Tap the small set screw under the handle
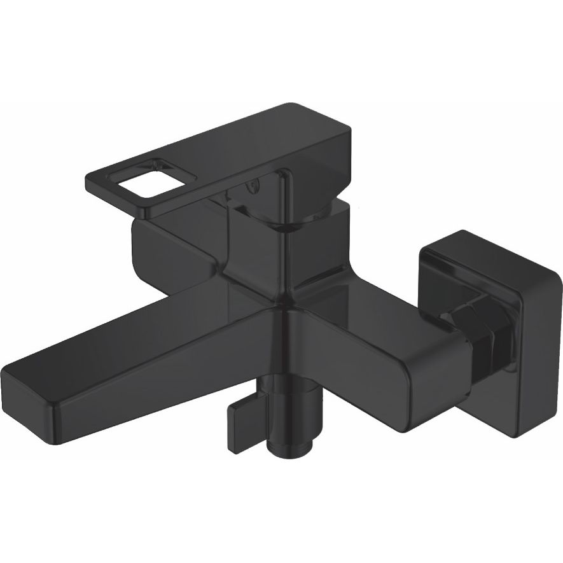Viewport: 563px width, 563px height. [253, 186]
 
